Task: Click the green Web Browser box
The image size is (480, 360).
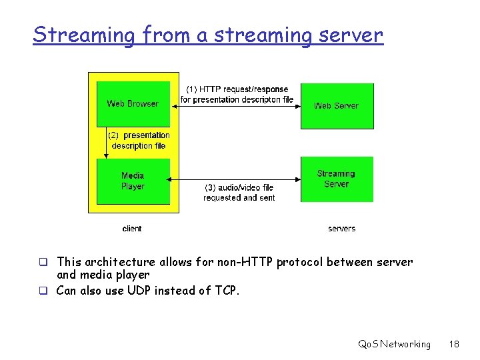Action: tap(133, 103)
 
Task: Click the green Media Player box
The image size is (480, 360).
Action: tap(133, 181)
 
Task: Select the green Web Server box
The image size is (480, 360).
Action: tap(337, 105)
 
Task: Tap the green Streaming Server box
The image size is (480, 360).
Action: tap(337, 179)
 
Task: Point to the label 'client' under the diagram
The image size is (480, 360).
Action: tap(132, 229)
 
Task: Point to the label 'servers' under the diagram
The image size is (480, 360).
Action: tap(341, 229)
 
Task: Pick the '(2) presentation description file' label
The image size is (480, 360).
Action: tap(139, 140)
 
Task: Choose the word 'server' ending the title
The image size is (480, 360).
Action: tap(351, 35)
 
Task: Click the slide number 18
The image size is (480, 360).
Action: tap(455, 344)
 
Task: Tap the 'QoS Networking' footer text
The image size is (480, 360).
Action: tap(394, 344)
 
